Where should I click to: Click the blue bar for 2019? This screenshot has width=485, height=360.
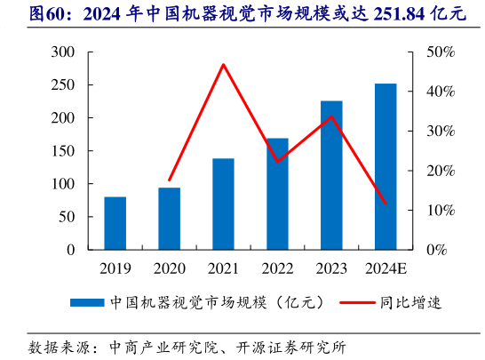[x=115, y=223]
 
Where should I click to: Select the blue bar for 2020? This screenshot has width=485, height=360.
[x=170, y=219]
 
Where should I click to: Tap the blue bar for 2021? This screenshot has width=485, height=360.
[x=223, y=204]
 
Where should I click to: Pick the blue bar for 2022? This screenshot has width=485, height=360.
[x=277, y=194]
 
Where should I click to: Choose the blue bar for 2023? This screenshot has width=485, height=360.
[x=331, y=175]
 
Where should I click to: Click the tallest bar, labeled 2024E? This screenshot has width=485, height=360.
[x=386, y=167]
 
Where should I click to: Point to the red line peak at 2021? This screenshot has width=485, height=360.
[x=223, y=64]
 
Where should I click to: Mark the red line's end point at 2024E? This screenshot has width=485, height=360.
[x=386, y=204]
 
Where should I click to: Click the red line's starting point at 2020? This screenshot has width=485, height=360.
[x=170, y=180]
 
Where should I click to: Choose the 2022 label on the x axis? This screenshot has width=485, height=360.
[x=277, y=268]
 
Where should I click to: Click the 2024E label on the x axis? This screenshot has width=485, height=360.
[x=386, y=268]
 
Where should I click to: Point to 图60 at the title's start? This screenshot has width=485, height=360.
[x=27, y=13]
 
